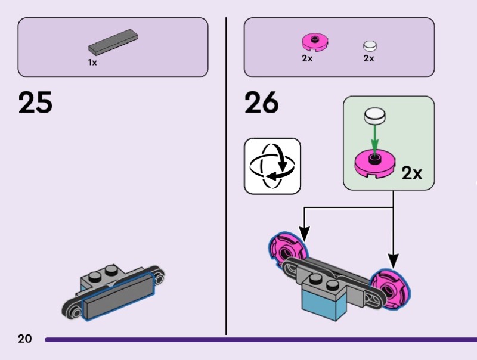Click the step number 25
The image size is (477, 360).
coord(35,102)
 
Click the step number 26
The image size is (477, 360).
coord(261,102)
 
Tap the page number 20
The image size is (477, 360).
coord(24,339)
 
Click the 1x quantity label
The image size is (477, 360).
coord(92,62)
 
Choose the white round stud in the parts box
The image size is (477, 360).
coord(370,46)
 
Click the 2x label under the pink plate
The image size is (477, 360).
coord(307,58)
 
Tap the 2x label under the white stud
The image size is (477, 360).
coord(368,58)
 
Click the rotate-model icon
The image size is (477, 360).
coord(272,166)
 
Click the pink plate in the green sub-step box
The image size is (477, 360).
coord(374,165)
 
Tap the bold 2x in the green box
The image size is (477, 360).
coord(411,173)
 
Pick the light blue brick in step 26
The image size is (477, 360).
coord(321,298)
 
